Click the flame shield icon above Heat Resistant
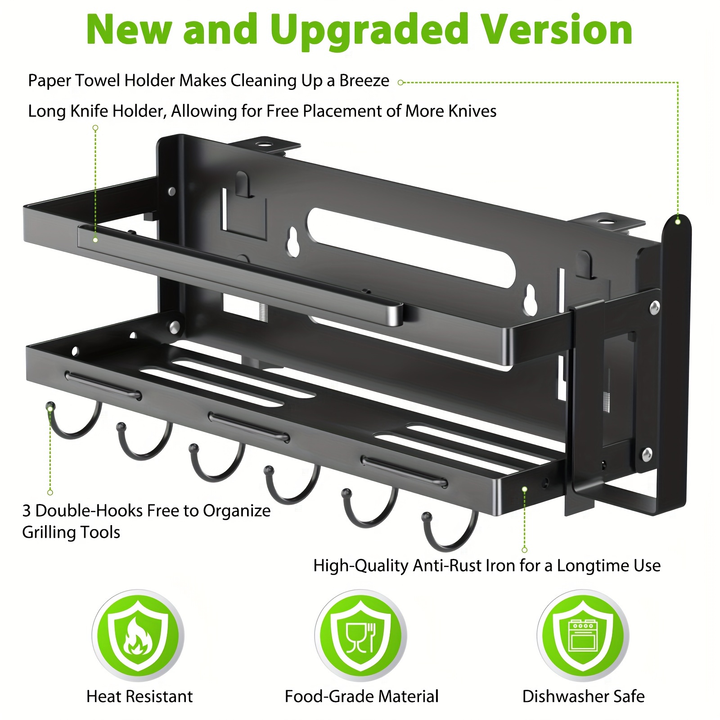[138, 635]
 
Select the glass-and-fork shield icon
[360, 635]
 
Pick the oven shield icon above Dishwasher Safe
[583, 635]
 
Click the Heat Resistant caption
[139, 696]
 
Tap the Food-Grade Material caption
[361, 696]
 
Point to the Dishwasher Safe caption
[583, 696]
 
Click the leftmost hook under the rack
[72, 423]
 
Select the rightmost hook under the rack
[450, 533]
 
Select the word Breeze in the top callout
[364, 81]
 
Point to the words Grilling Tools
[71, 532]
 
